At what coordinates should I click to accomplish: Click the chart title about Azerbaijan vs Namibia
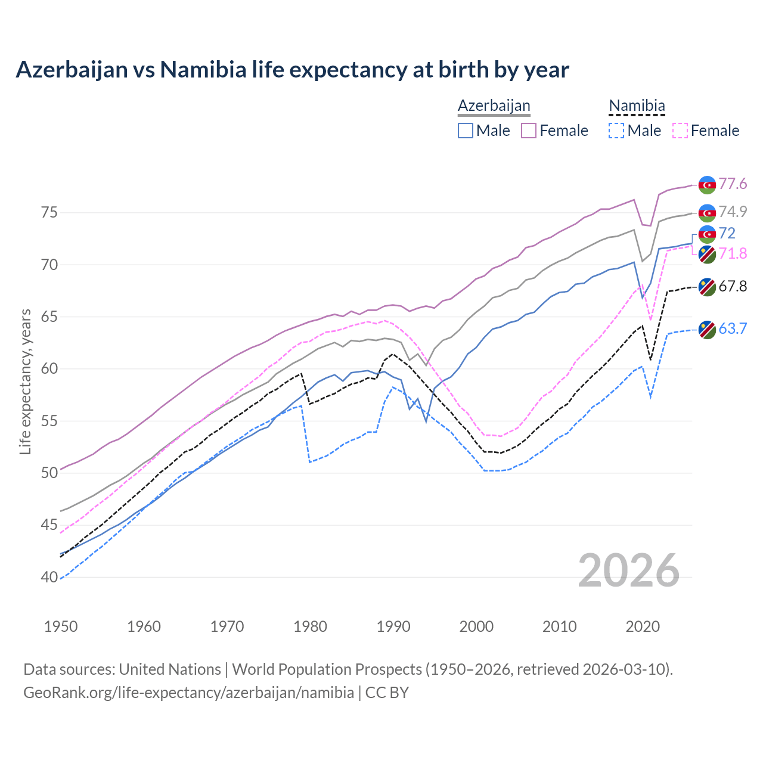tap(292, 70)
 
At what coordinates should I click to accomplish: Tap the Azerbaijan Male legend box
tap(466, 131)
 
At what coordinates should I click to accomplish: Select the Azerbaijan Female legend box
tap(529, 131)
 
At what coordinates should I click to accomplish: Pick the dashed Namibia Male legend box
tap(616, 131)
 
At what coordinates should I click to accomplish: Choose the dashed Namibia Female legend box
tap(680, 131)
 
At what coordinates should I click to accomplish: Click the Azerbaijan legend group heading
tap(494, 106)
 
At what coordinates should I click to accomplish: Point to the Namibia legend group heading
tap(636, 106)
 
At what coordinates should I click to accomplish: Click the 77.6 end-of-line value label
tap(733, 184)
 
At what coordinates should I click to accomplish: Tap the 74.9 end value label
tap(733, 212)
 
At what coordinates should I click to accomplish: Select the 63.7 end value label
tap(733, 329)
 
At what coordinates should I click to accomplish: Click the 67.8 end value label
tap(733, 287)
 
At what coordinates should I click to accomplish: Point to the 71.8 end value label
tap(733, 254)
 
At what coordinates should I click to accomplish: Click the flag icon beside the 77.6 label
tap(707, 185)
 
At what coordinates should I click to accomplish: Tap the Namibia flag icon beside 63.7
tap(707, 330)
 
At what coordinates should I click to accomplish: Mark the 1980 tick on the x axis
tap(311, 626)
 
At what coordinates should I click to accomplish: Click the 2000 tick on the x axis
tap(476, 626)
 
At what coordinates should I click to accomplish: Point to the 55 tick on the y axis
tap(49, 421)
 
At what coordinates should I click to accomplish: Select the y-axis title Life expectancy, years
tap(26, 381)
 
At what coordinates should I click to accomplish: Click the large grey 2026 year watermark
tap(629, 570)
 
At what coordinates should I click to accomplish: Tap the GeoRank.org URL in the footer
tap(188, 693)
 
